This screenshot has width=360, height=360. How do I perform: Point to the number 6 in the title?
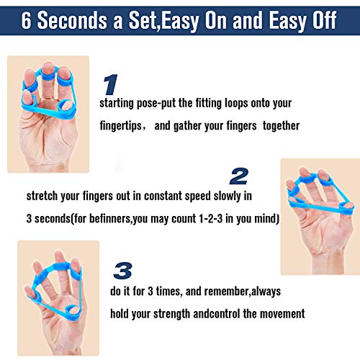tap(30, 19)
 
